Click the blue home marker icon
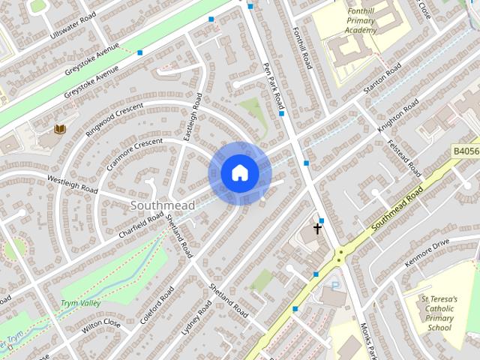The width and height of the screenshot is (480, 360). click(x=239, y=173)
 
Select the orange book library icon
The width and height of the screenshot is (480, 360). click(x=60, y=129)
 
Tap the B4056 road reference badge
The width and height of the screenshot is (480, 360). click(x=465, y=151)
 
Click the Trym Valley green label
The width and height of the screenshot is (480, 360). click(x=80, y=303)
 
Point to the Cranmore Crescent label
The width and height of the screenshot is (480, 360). click(x=133, y=153)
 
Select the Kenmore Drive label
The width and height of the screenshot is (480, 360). click(x=426, y=253)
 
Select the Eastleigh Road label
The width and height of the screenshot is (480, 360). click(x=193, y=115)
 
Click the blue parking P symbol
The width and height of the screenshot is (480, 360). click(x=334, y=285)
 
